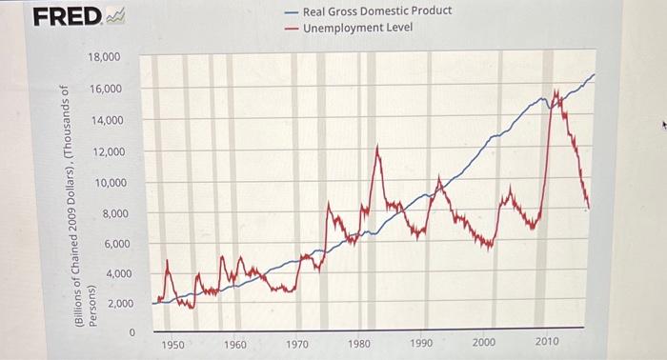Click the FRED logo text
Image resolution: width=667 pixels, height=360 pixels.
67,16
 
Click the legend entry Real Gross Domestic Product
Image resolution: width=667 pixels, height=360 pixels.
376,11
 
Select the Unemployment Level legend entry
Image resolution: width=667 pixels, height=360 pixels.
357,28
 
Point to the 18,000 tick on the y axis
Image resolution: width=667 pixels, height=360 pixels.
104,58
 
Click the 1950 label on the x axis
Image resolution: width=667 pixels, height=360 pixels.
173,343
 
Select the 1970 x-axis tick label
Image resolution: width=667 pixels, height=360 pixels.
297,343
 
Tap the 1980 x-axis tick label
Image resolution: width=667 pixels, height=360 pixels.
359,343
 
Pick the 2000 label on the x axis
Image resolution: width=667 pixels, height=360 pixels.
484,342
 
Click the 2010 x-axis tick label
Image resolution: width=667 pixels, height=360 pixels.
547,342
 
